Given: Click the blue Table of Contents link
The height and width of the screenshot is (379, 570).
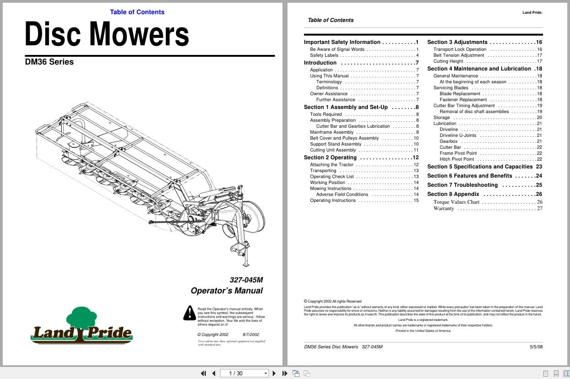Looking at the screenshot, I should tap(137, 12).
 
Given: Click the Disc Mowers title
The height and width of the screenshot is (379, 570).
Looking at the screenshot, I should tap(107, 34).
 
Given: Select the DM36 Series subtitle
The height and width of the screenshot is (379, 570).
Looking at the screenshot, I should tap(49, 62).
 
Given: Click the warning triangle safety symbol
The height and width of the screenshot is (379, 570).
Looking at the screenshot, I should tap(189, 313).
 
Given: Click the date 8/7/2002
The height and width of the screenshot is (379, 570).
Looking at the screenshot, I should tap(250, 335).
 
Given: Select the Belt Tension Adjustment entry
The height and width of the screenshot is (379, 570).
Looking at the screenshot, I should tap(458, 55).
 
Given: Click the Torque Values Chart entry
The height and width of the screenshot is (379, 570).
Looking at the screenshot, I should tap(456, 202).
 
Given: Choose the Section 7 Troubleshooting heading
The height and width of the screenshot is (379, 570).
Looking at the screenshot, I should tap(462, 185).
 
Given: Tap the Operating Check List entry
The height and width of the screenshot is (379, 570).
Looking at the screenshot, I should tap(332, 177).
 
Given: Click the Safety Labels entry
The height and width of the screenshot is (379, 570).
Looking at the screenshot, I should tap(324, 55).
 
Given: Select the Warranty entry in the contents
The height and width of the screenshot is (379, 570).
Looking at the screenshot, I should tap(444, 209).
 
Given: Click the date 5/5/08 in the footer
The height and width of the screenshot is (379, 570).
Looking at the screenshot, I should tap(536, 347).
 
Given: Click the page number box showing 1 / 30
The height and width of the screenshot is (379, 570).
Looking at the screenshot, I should tap(244, 373).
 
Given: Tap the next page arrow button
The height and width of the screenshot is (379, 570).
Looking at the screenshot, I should tap(274, 373).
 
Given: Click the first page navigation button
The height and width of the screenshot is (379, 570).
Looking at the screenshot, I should tap(203, 373).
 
